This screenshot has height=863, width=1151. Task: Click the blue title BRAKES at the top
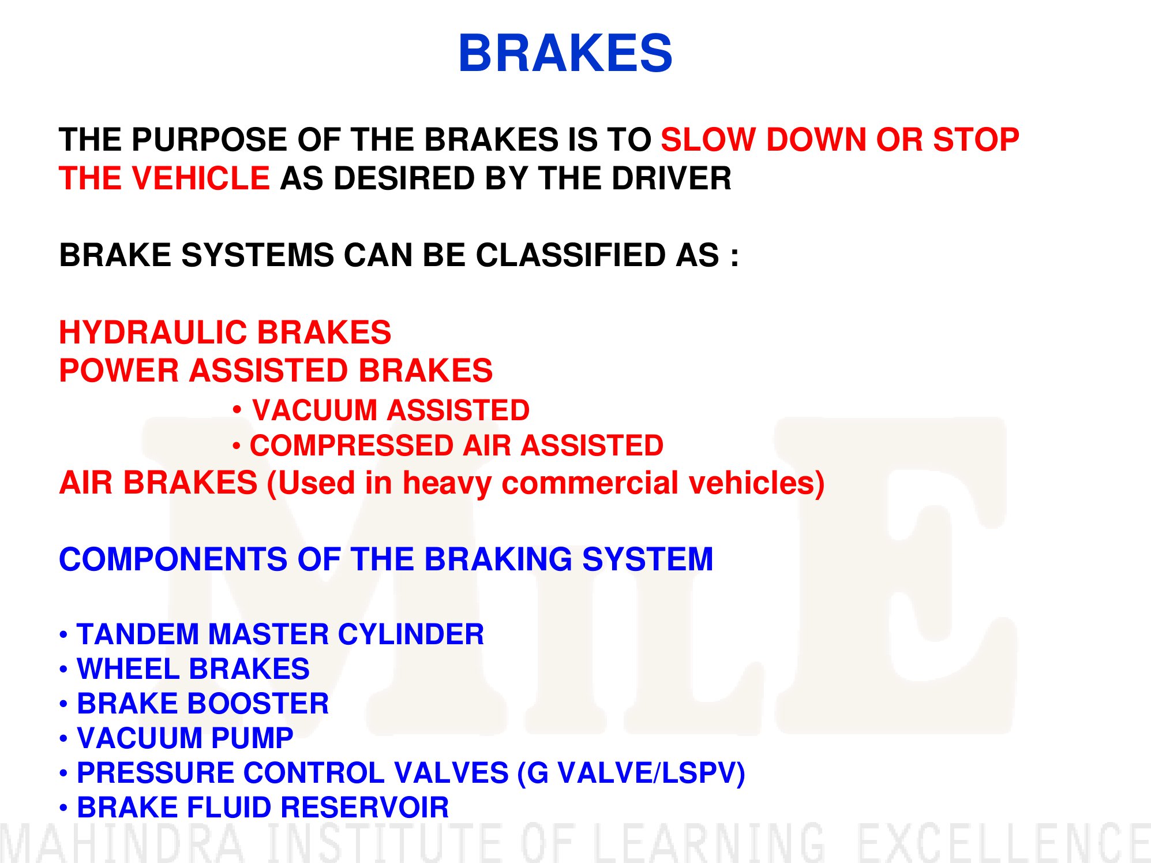(565, 53)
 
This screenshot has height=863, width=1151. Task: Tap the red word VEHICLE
(201, 178)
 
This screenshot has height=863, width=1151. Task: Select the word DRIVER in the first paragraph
(672, 178)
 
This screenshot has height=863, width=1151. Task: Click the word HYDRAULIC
(153, 333)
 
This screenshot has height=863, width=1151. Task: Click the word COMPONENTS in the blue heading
(173, 559)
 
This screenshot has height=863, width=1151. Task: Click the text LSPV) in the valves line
(703, 774)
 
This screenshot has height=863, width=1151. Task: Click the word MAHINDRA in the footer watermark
(122, 843)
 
